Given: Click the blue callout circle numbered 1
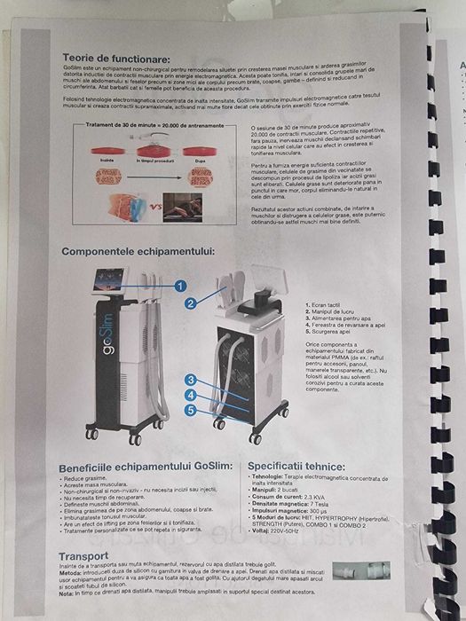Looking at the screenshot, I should [179, 286].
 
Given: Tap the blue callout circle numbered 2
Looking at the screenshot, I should [190, 303].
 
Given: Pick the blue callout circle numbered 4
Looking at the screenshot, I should [189, 394].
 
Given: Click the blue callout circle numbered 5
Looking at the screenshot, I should [189, 409].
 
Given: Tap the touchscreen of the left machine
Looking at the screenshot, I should [107, 282].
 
